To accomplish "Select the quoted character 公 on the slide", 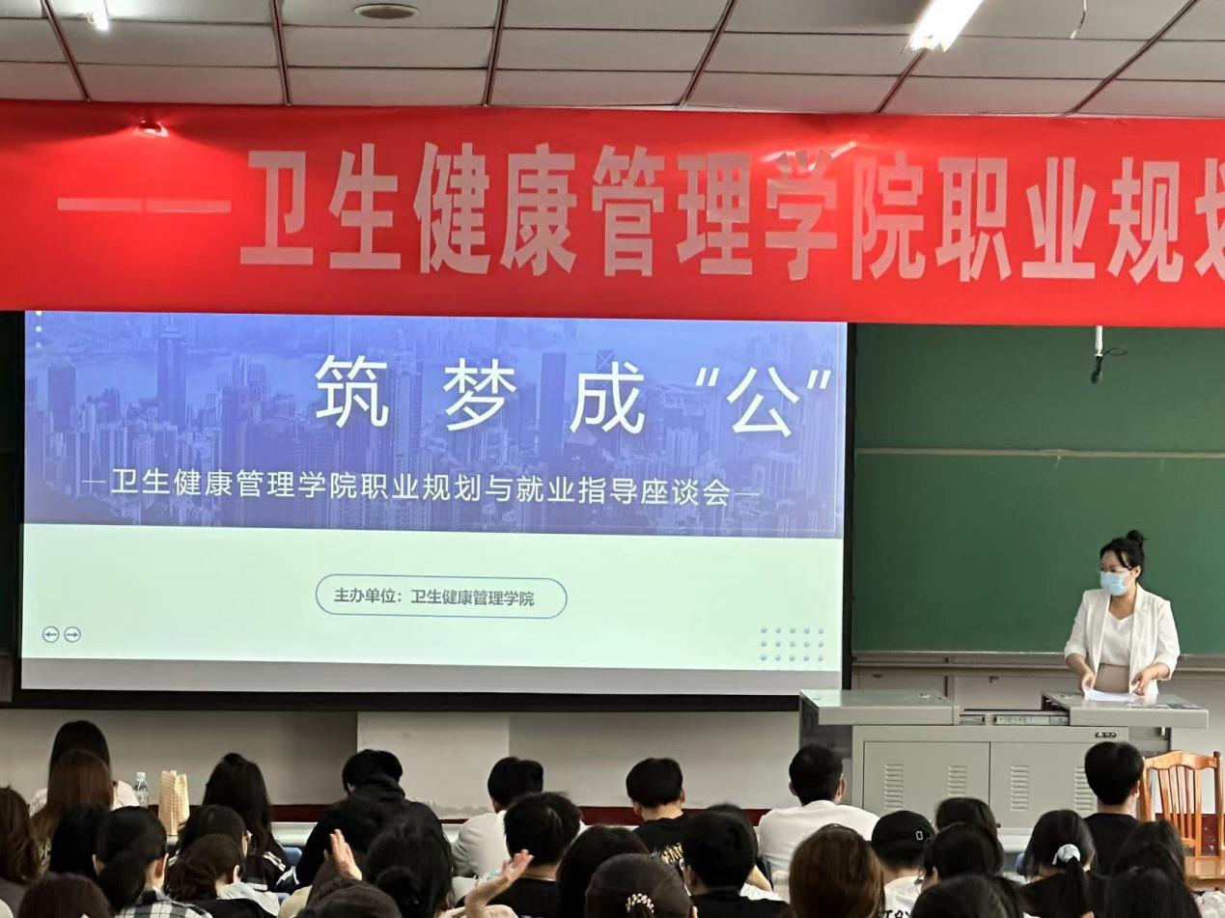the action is tap(761, 403).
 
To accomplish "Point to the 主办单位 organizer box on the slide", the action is tap(441, 598).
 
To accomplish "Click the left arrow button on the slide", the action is tap(51, 634).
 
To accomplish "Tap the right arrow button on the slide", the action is tap(72, 634).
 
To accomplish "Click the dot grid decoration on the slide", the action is tap(793, 644).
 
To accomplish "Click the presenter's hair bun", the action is tap(1134, 537).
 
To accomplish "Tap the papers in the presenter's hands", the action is tap(1108, 695).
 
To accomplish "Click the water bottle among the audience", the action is tap(141, 789).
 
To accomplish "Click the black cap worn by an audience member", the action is tap(905, 831).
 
